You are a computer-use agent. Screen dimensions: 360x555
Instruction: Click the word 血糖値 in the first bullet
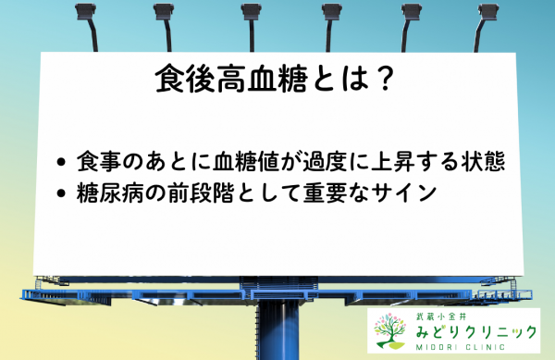pyautogui.click(x=276, y=161)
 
